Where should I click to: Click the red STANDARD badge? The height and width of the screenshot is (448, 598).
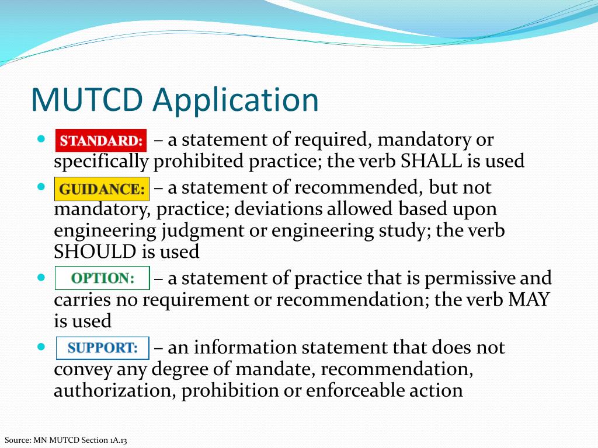coord(101,141)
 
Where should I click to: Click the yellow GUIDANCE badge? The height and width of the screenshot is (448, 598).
coord(102,189)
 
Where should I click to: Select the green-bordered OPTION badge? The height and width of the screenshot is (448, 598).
coord(102,278)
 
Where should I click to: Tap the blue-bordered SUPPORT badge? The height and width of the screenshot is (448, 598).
coord(102,348)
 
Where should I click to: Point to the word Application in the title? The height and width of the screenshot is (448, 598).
coord(236,100)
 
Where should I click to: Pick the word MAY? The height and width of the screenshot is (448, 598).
coord(529,300)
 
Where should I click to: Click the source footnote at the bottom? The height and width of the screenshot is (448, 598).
coord(65,440)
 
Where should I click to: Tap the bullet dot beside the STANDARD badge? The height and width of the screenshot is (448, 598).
coord(40,139)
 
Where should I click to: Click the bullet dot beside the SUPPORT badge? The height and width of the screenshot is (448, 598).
coord(40,346)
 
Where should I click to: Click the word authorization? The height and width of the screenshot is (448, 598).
coord(114,391)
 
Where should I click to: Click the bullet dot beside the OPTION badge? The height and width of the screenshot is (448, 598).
coord(40,277)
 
